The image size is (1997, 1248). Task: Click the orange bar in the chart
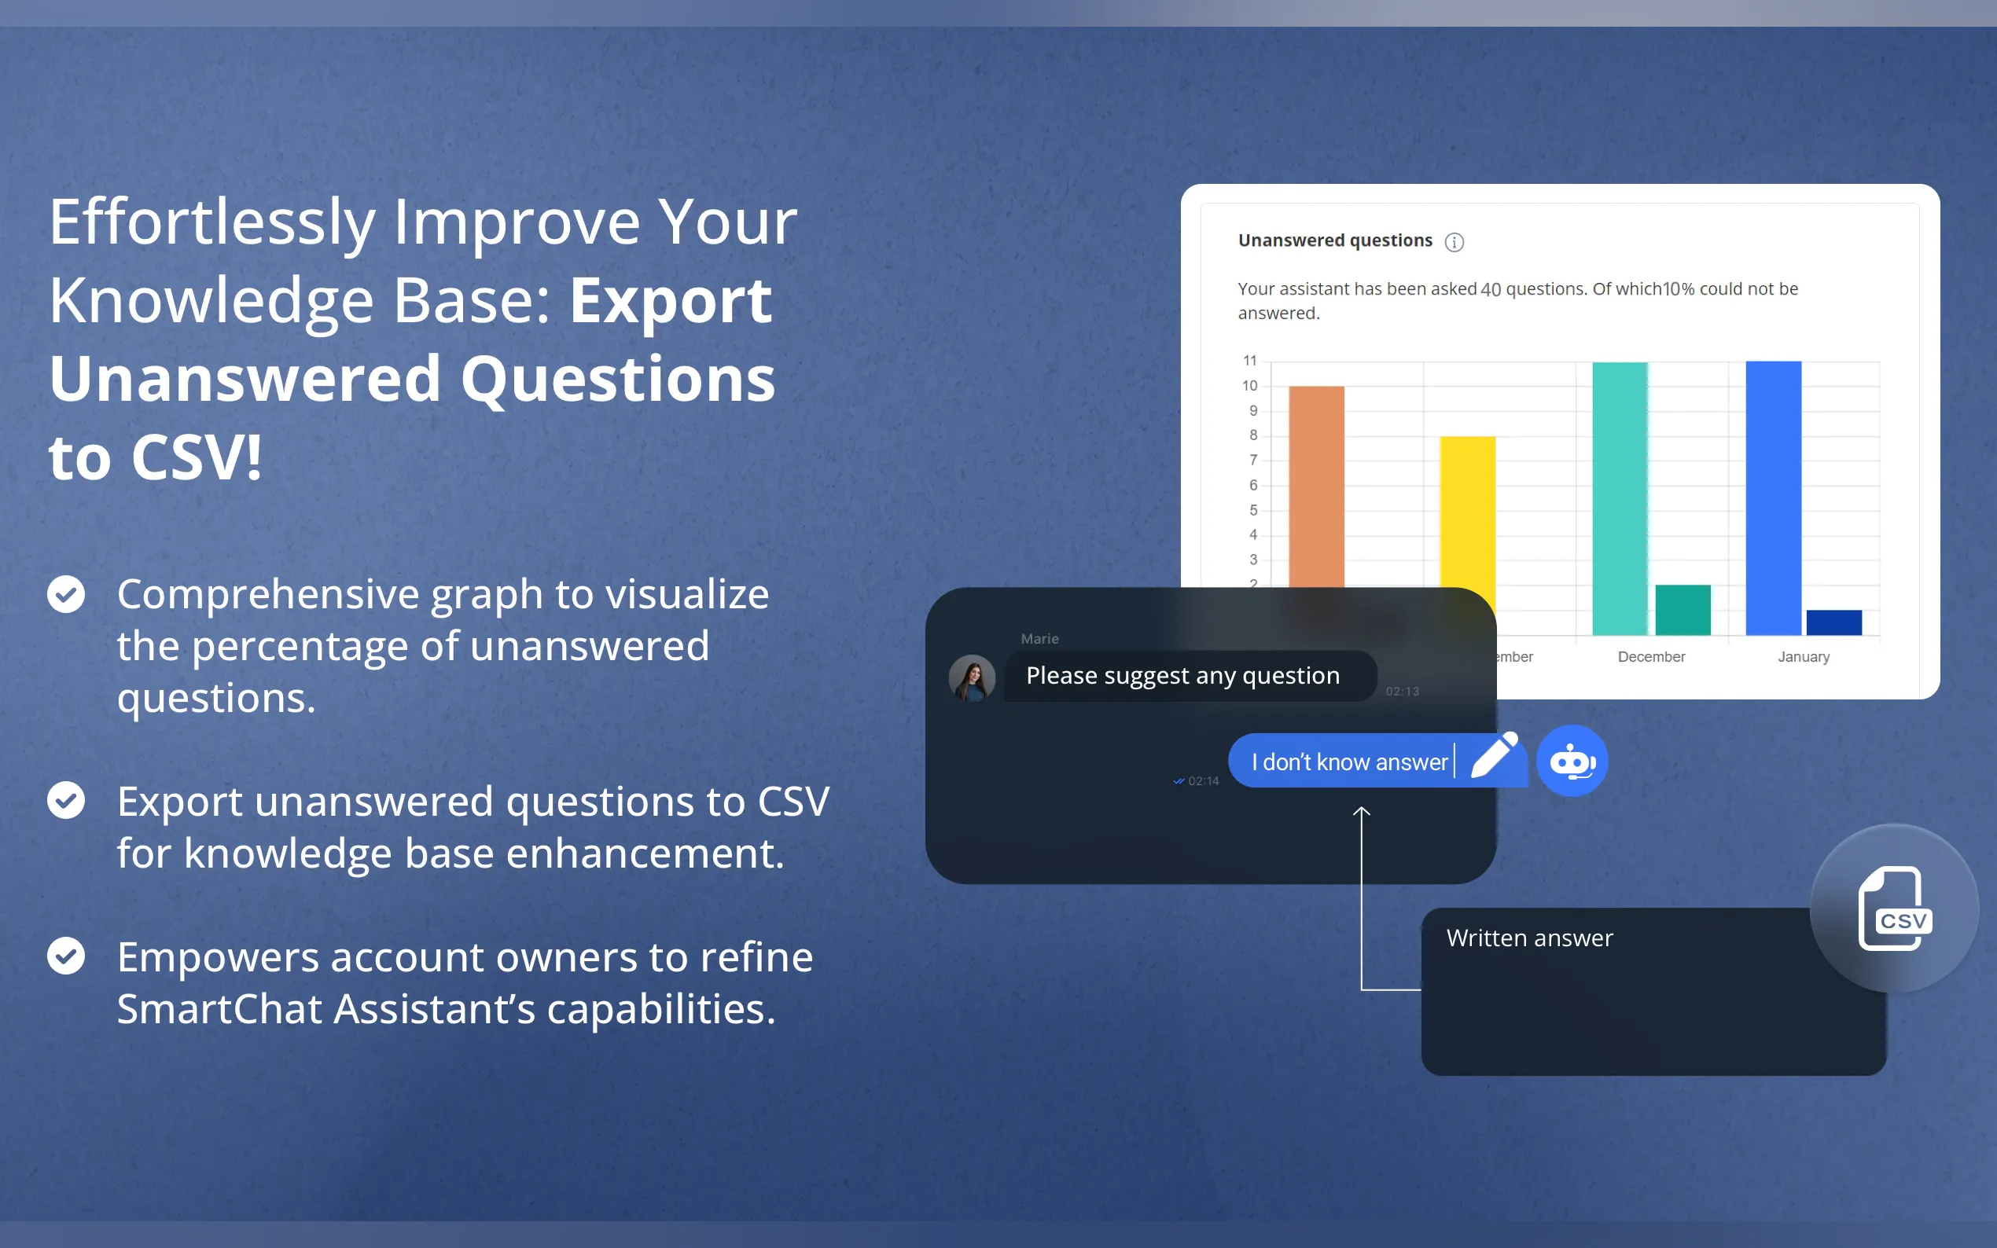[x=1316, y=487]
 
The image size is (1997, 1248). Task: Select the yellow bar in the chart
[x=1467, y=512]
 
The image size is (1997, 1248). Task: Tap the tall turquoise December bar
[x=1619, y=498]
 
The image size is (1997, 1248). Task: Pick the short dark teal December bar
[x=1683, y=610]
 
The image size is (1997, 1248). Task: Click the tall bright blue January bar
[x=1773, y=497]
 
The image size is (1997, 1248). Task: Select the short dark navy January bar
[x=1833, y=622]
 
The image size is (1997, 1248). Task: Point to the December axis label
[x=1651, y=657]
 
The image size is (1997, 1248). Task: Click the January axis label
[x=1803, y=657]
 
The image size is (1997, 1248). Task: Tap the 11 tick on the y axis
[x=1250, y=361]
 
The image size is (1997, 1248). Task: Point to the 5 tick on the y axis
[x=1253, y=510]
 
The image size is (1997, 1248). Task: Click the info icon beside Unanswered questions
[x=1454, y=242]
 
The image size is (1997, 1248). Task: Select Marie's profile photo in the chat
[x=972, y=677]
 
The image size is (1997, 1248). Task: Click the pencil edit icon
[x=1495, y=754]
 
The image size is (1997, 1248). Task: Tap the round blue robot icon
[x=1572, y=760]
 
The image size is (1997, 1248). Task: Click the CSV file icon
[x=1895, y=908]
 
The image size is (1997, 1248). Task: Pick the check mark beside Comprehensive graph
[x=66, y=594]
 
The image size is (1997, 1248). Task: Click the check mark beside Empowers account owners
[x=66, y=956]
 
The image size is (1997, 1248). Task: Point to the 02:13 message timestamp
[x=1402, y=692]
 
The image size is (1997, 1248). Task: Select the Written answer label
[x=1529, y=938]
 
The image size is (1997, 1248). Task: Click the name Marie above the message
[x=1039, y=639]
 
